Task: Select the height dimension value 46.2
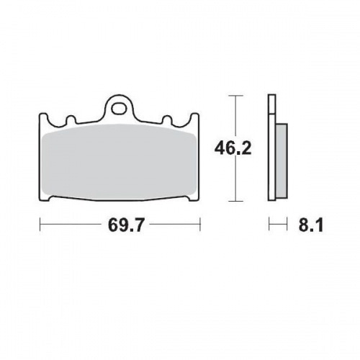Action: (230, 149)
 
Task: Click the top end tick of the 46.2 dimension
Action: (233, 95)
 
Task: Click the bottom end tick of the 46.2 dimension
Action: (233, 202)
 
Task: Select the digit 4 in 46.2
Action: (219, 149)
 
